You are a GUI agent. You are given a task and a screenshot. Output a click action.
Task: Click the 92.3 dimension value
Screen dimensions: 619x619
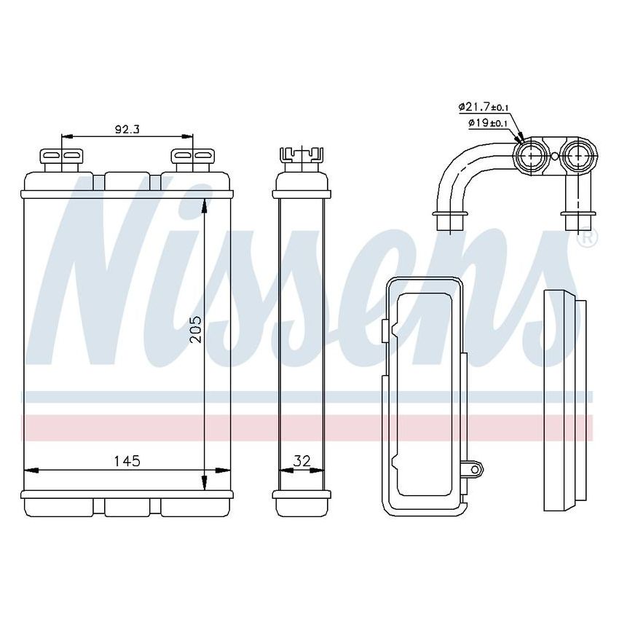click(x=127, y=130)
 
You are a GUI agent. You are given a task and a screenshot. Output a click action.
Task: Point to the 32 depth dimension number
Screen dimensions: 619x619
click(x=301, y=460)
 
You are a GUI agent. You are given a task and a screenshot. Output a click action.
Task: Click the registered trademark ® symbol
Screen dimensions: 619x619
click(x=587, y=237)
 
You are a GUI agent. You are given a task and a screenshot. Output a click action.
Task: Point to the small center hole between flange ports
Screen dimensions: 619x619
click(x=554, y=155)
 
